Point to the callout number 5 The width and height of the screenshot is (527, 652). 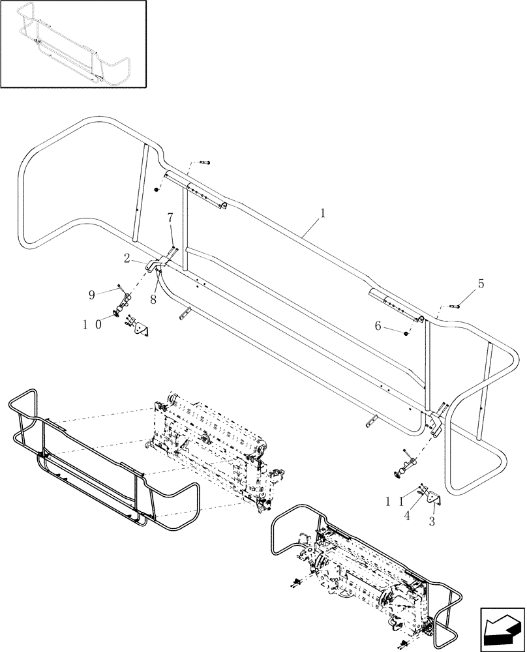[481, 284]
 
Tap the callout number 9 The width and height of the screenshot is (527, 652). [92, 295]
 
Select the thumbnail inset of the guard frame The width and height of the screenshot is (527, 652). [73, 44]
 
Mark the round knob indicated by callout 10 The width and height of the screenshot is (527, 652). [118, 312]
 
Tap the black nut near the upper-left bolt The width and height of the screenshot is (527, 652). [157, 190]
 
